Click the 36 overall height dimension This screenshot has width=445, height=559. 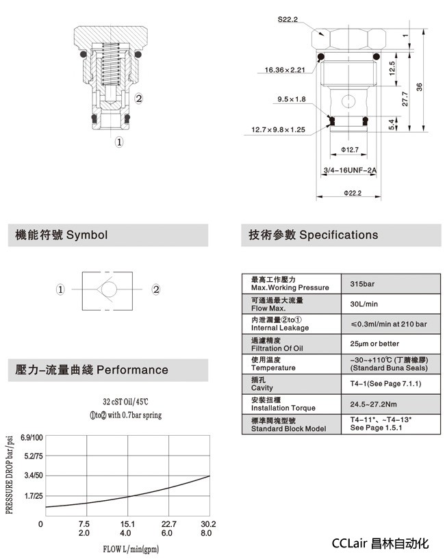click(x=419, y=86)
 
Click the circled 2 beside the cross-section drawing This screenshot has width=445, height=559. click(x=138, y=99)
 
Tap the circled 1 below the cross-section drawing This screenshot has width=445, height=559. click(x=118, y=142)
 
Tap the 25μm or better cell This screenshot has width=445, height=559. click(x=374, y=343)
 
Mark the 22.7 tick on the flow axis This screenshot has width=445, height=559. click(x=168, y=524)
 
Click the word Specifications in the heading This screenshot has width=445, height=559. click(x=339, y=235)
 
